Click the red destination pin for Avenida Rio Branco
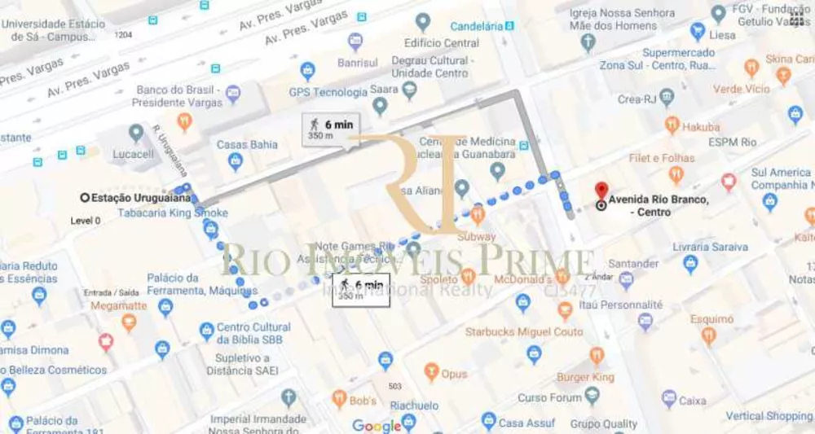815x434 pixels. tap(601, 191)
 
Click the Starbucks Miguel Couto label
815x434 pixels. tap(524, 331)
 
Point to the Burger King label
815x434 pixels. tap(585, 377)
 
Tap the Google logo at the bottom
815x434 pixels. tap(377, 425)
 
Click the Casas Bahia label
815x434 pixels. tap(247, 145)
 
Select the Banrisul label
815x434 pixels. tap(359, 62)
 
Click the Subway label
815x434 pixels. tap(476, 237)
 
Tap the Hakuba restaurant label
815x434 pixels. tap(701, 127)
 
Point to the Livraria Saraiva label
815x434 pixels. tap(710, 246)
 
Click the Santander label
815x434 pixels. tap(633, 264)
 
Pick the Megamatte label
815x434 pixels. tap(119, 305)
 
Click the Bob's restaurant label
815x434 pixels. tap(363, 401)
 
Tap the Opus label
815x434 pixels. tap(454, 374)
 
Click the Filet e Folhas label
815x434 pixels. tap(661, 158)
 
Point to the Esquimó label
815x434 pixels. tap(711, 320)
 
